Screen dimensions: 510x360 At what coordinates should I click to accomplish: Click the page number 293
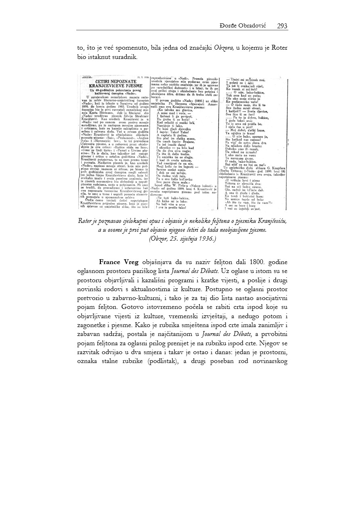[x=282, y=26]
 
